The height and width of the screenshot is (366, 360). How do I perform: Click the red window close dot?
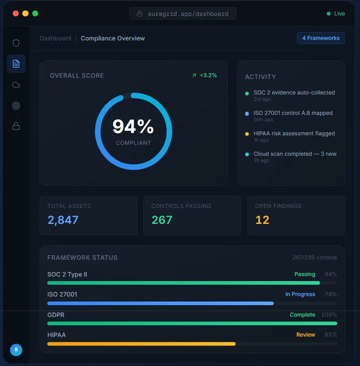point(15,14)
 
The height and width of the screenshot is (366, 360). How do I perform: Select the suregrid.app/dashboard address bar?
point(182,14)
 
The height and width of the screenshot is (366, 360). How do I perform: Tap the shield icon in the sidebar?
point(16,43)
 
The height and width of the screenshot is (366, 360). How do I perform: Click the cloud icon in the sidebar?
point(16,85)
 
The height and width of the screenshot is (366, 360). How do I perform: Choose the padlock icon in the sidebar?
point(16,127)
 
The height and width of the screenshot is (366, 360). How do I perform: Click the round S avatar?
point(16,350)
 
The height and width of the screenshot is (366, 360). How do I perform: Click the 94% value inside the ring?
point(133,127)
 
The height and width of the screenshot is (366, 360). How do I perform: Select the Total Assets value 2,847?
point(63,220)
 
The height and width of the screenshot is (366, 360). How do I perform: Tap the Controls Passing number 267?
point(162,220)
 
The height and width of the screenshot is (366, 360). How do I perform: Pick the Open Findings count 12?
point(262,220)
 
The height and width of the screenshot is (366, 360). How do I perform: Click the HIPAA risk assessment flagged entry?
point(294,134)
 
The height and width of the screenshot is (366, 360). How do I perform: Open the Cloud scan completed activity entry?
point(295,154)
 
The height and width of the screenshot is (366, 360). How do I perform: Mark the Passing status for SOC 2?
point(305,274)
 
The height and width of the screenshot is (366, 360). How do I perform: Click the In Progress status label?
point(300,294)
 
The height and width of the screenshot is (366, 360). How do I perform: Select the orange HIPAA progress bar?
point(141,344)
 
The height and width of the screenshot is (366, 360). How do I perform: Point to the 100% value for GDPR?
point(329,315)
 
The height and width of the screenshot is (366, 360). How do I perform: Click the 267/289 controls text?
point(315,257)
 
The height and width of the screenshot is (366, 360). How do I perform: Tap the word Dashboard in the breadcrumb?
point(55,39)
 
